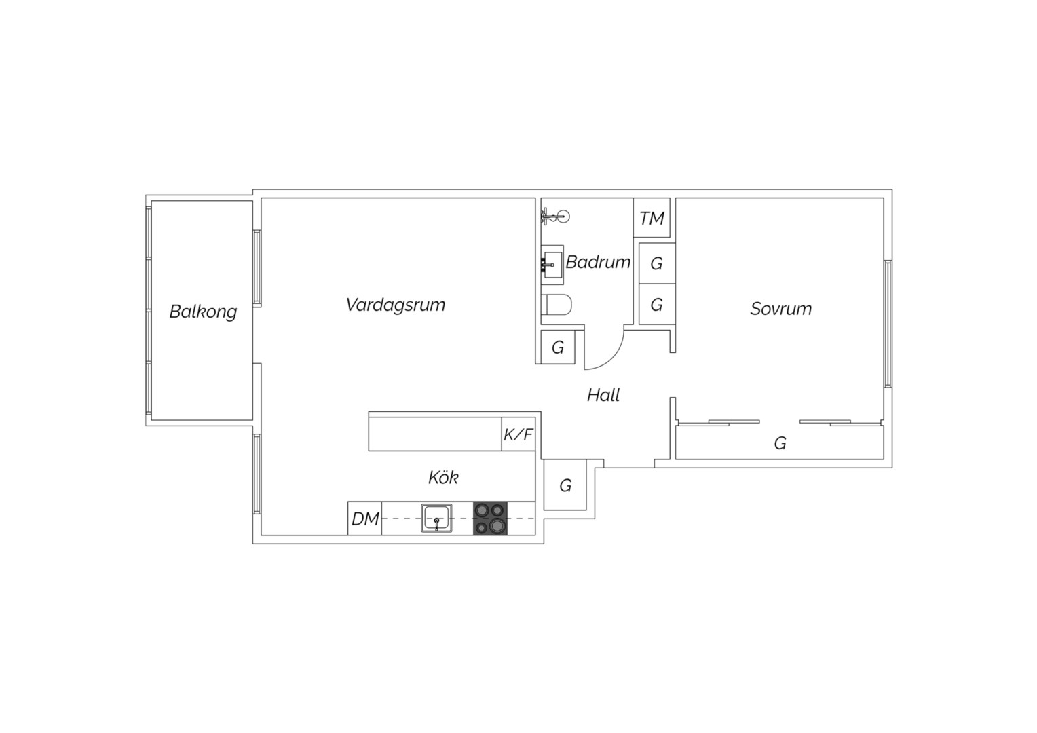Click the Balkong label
(203, 312)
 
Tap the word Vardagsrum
(396, 305)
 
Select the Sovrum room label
(781, 309)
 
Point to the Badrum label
(598, 262)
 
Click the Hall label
(603, 395)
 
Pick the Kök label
(443, 477)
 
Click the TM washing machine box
(652, 218)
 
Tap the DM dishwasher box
(365, 518)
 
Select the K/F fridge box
(518, 434)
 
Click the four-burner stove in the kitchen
(490, 518)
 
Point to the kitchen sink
(436, 518)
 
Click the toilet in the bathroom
(557, 304)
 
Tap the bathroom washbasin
(552, 265)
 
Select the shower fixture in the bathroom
(555, 217)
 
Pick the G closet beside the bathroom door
(558, 347)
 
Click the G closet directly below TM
(657, 263)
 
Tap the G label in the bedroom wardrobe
(780, 444)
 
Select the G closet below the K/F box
(565, 485)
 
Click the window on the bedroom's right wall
(888, 324)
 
